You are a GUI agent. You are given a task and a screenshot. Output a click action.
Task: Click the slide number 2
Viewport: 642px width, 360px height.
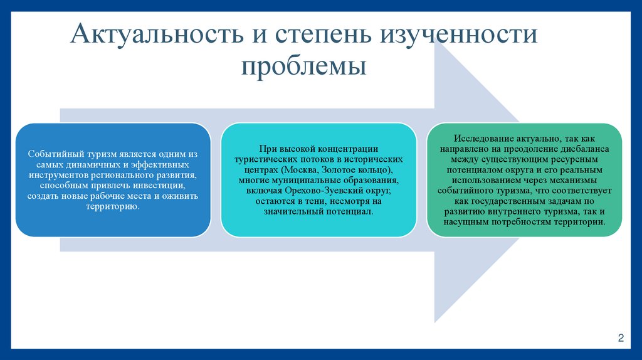tap(621, 339)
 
